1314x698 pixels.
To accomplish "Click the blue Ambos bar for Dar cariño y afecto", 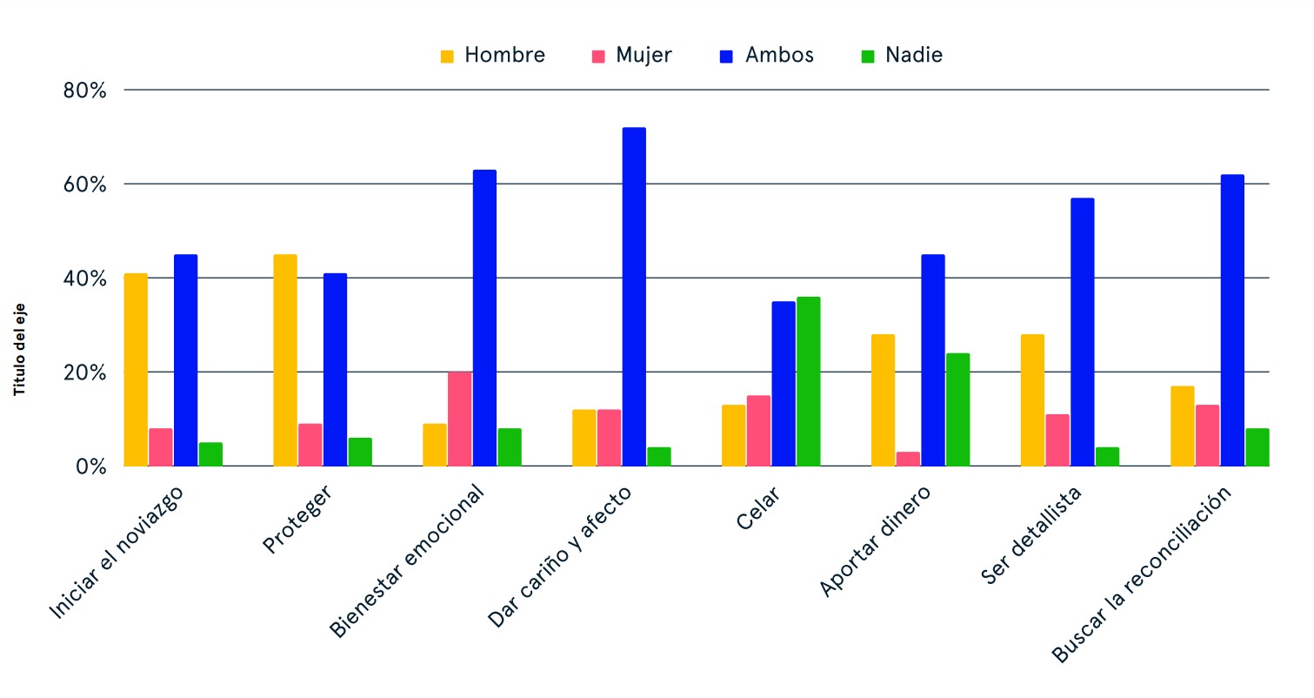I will [634, 297].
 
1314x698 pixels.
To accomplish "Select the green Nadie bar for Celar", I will [809, 381].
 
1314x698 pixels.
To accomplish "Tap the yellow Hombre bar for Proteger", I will [285, 360].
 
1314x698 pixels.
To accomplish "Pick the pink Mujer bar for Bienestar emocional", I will [459, 419].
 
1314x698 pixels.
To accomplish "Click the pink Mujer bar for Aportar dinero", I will [908, 459].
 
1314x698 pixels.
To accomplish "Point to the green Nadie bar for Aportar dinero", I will [957, 409].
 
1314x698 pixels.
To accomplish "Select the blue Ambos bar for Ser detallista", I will [1083, 332].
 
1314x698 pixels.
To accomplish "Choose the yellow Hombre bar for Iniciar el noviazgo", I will [136, 370].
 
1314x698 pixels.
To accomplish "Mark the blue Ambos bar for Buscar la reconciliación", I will [1232, 320].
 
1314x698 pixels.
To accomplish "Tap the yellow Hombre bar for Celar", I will [734, 435].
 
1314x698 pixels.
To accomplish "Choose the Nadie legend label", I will [914, 56].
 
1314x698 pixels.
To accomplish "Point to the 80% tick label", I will [84, 91].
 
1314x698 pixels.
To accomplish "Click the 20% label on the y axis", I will [84, 372].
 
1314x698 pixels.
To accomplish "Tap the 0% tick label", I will [90, 466].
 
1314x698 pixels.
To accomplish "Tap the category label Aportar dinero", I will [876, 541].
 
